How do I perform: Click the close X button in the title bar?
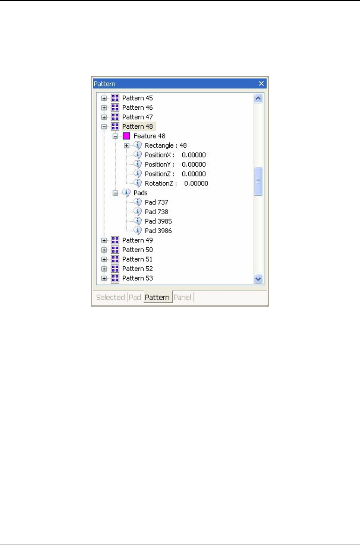pos(261,84)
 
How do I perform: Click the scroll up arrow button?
pos(258,98)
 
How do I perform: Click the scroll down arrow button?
pos(258,279)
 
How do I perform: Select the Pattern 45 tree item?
pos(137,98)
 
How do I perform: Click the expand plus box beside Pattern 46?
pos(104,108)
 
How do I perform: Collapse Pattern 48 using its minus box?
pos(104,127)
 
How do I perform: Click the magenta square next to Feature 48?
pos(126,136)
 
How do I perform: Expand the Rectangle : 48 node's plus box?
pos(127,146)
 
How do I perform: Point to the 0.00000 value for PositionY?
pos(193,165)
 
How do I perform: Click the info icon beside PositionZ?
pos(137,174)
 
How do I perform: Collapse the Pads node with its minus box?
pos(115,193)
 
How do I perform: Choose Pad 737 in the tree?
pos(156,202)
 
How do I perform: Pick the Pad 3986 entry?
pos(158,231)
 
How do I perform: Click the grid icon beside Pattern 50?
pos(115,250)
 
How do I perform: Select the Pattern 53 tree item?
pos(137,278)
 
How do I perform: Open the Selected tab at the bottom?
pos(110,298)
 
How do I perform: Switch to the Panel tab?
pos(182,298)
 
